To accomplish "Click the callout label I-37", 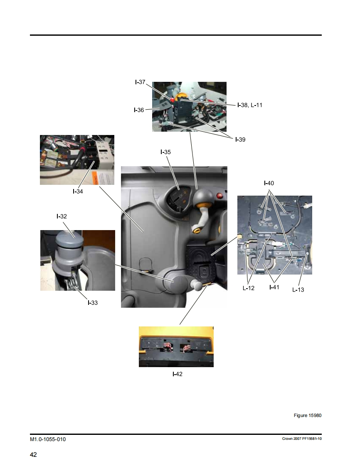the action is (140, 82).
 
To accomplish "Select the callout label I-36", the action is (139, 110).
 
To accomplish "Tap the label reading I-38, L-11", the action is (249, 105).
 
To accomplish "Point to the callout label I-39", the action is (240, 140).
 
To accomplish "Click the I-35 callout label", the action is (165, 152).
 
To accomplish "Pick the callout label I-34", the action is (78, 192).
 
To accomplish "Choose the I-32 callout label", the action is (62, 217).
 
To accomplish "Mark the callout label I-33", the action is (93, 303).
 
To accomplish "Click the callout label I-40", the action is (269, 184).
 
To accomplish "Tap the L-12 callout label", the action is (249, 288).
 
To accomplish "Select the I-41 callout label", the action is (274, 287).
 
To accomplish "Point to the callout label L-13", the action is (298, 290).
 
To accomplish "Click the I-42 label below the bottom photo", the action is (178, 374).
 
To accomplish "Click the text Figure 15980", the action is (308, 415).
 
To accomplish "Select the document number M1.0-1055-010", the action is (48, 439).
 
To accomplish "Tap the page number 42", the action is (33, 455).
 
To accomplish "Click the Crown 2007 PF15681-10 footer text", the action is (302, 439).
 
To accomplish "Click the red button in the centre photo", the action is (220, 196).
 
